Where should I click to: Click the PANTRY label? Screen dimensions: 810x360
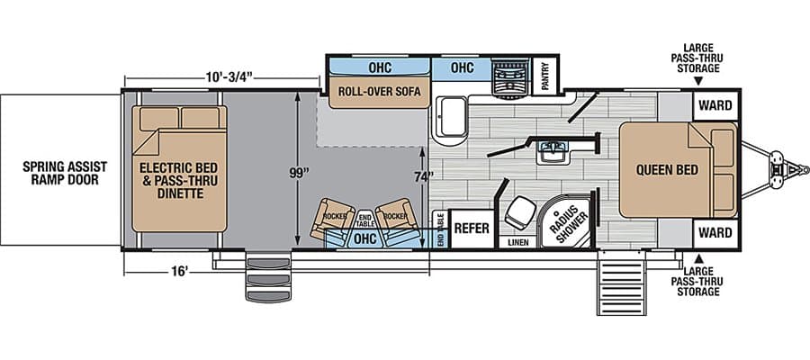point(545,76)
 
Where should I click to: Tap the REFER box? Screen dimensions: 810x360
point(471,229)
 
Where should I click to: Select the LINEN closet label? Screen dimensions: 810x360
point(517,242)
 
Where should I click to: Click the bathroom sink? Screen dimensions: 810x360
point(553,152)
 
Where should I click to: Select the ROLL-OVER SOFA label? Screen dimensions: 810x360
point(379,92)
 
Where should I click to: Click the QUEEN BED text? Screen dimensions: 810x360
point(667,170)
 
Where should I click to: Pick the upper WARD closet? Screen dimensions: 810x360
point(715,105)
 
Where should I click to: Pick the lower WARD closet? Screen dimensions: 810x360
point(715,233)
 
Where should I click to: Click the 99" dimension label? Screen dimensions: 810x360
point(297,173)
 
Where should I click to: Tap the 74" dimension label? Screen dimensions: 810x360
point(423,176)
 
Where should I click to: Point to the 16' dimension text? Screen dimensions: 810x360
point(179,272)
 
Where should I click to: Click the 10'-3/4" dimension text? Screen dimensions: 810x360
point(229,77)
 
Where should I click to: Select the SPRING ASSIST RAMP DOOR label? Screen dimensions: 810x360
point(65,173)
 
